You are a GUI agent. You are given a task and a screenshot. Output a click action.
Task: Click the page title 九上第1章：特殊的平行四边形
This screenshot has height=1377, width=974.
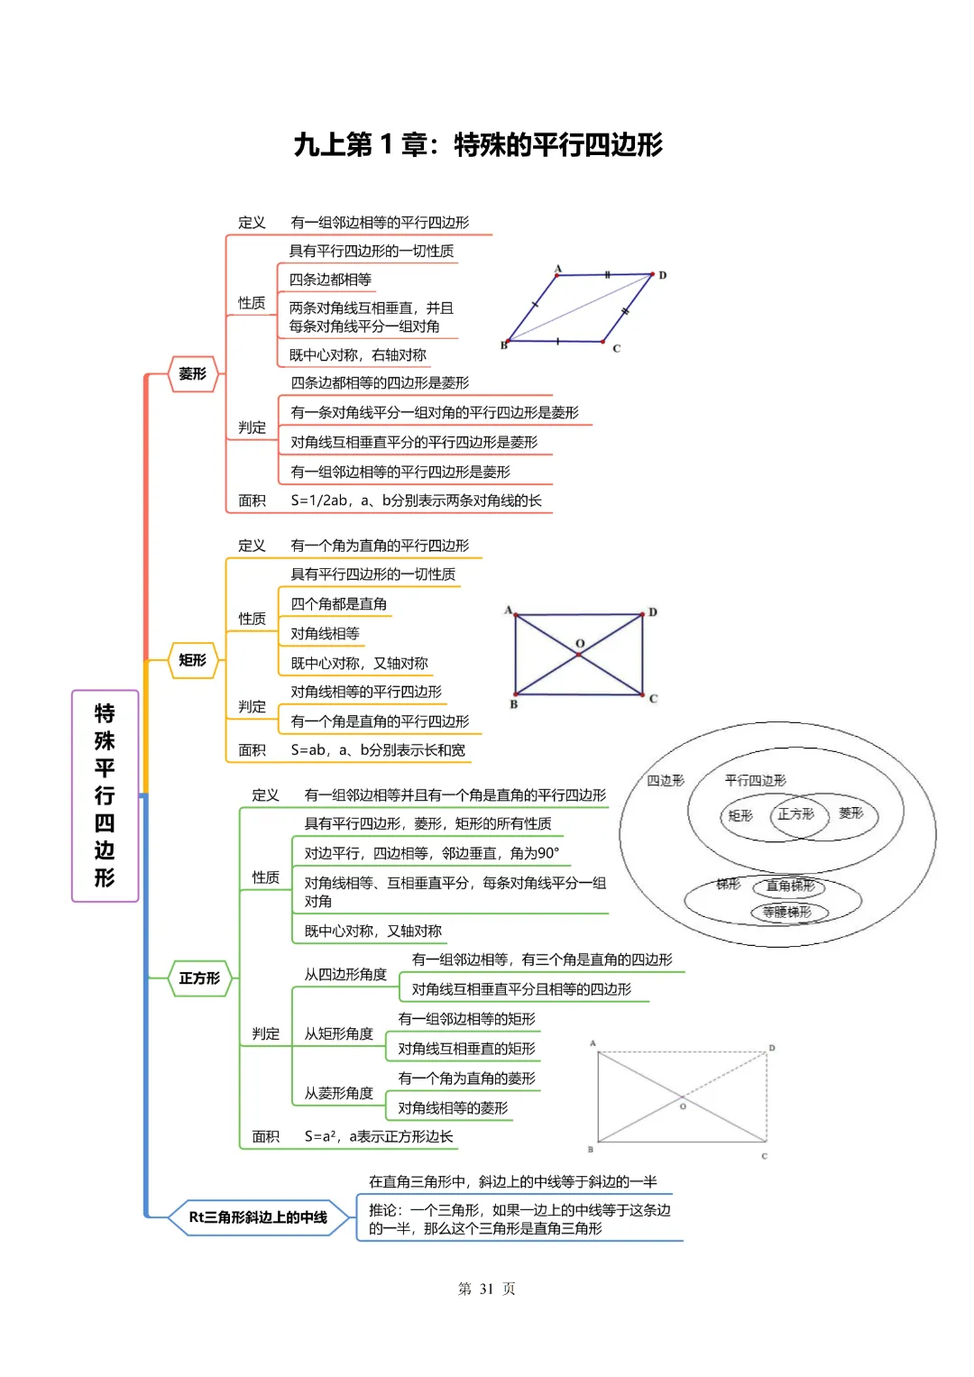click(x=478, y=144)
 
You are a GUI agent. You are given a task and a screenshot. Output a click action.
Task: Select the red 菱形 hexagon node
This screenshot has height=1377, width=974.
click(x=193, y=373)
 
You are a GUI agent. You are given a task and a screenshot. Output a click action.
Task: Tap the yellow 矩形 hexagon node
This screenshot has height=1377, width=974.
click(x=193, y=660)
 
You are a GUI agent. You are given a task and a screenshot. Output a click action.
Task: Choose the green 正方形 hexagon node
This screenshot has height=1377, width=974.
click(x=199, y=978)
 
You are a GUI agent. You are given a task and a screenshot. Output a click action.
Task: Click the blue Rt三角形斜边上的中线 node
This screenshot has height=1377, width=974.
click(x=258, y=1217)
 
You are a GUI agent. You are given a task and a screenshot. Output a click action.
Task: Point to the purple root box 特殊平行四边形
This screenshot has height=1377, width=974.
click(x=105, y=795)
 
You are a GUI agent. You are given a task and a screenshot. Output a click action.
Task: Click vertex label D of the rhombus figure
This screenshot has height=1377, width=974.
click(x=663, y=275)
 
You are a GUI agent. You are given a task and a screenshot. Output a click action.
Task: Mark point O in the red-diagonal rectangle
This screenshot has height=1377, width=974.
click(x=580, y=644)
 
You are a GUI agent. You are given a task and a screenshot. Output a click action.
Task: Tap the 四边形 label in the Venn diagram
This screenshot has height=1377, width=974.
click(x=666, y=781)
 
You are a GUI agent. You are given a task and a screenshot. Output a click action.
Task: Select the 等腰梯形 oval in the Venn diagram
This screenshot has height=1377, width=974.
click(x=787, y=912)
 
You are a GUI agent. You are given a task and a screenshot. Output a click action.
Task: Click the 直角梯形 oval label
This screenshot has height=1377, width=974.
click(x=790, y=886)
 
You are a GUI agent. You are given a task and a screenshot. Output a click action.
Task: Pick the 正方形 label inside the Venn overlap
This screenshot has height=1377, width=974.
click(x=795, y=814)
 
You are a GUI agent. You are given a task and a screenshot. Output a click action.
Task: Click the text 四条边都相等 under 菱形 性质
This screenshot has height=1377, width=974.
click(x=330, y=280)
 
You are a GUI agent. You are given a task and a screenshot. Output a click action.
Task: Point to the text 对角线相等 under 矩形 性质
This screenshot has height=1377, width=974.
click(x=325, y=634)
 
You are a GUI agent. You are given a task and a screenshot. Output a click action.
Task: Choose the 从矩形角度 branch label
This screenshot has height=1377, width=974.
click(x=338, y=1033)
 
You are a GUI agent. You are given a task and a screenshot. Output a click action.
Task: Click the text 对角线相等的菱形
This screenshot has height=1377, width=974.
click(x=453, y=1107)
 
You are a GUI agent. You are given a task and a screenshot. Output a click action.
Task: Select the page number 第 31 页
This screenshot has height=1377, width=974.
click(x=486, y=1289)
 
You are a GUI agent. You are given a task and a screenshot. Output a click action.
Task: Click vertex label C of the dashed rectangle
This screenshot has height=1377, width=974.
click(x=765, y=1156)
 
